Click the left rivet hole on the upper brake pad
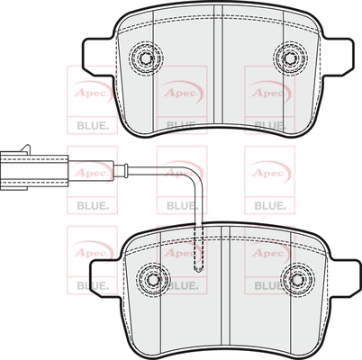coord(146,58)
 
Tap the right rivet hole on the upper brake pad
coord(290,58)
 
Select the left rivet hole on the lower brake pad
coord(153,279)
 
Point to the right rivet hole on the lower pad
coord(297,279)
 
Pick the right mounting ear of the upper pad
coord(338,58)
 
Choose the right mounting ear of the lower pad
coord(345,278)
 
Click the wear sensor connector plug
coord(34,168)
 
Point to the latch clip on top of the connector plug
coord(24,148)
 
